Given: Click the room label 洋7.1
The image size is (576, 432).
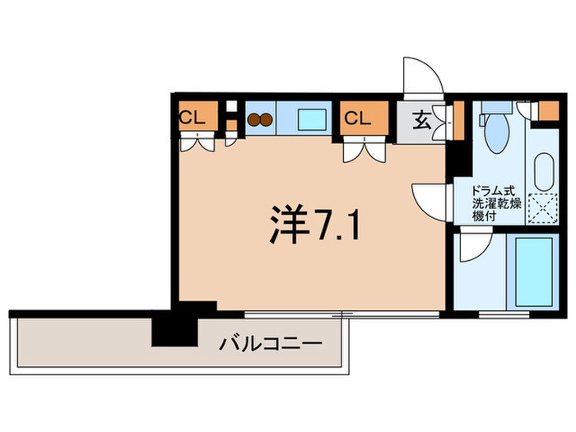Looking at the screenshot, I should (x=314, y=223).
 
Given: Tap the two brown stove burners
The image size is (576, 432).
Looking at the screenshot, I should (x=260, y=118).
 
